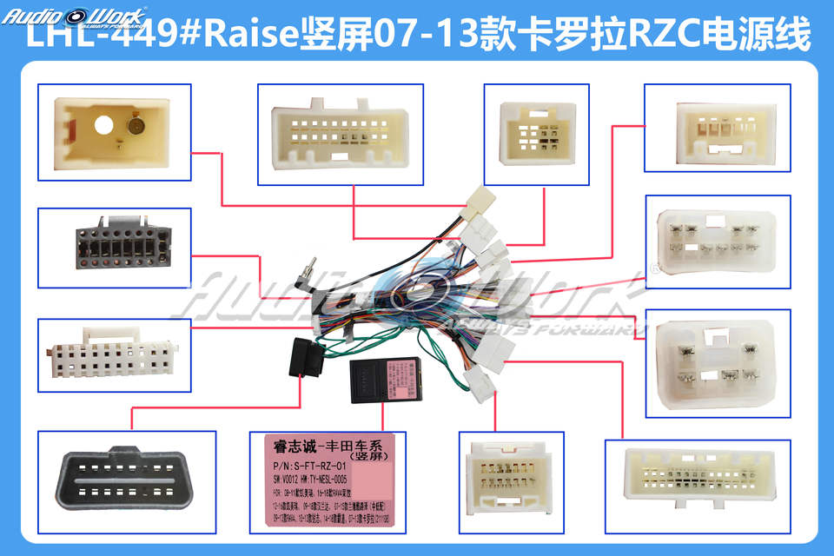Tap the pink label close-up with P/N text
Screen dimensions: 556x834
327,482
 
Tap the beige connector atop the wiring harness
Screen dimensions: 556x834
476,202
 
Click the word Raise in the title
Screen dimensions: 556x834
251,36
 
